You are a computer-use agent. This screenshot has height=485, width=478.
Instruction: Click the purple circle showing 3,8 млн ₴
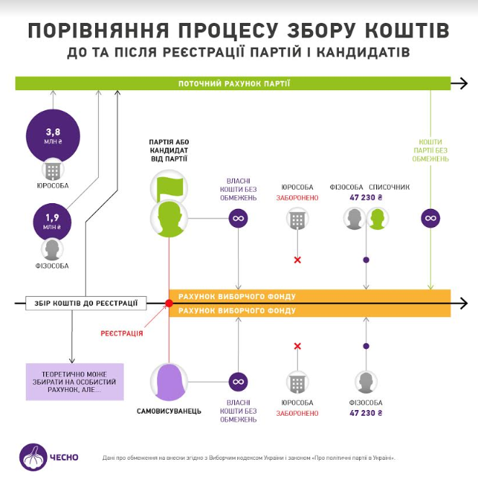(x=53, y=135)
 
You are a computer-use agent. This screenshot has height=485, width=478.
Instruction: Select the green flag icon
(x=169, y=188)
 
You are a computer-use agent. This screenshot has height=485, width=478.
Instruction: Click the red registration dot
(x=169, y=303)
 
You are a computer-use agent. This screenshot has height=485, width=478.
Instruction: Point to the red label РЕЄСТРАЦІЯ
(x=121, y=333)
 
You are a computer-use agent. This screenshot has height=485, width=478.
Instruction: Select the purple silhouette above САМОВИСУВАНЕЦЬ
(x=169, y=381)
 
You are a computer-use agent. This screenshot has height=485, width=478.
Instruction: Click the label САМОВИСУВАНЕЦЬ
(x=169, y=411)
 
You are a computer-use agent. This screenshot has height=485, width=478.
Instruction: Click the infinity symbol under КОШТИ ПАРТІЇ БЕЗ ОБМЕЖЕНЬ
(x=430, y=218)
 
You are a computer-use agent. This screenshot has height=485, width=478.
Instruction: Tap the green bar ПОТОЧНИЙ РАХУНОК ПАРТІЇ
(x=234, y=84)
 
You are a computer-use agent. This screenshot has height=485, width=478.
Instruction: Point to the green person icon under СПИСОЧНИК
(x=376, y=218)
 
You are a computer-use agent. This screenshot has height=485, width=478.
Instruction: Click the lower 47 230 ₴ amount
(x=366, y=413)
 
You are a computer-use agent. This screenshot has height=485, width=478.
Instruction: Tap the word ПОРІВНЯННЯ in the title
(x=97, y=31)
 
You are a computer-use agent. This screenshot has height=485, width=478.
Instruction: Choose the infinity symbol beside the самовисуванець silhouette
(x=239, y=381)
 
